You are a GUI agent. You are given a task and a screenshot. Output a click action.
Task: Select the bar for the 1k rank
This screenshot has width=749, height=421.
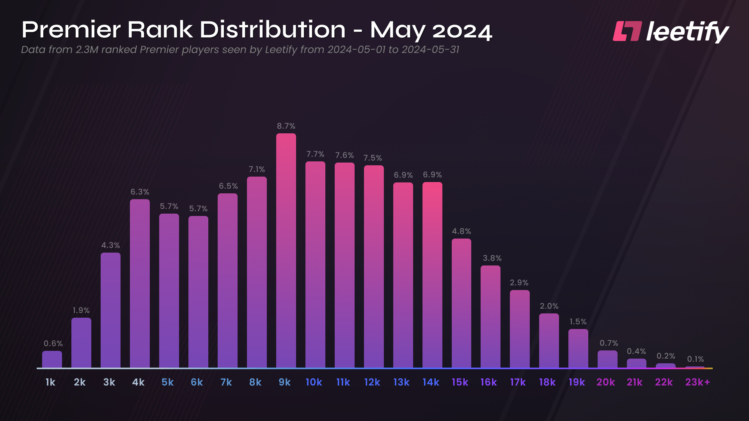pos(52,359)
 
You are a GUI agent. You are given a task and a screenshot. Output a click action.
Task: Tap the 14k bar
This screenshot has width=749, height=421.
pos(432,275)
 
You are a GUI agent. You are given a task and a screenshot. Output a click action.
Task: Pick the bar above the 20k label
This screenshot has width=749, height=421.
pos(607,359)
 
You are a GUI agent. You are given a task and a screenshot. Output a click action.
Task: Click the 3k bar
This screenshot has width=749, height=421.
pos(110,310)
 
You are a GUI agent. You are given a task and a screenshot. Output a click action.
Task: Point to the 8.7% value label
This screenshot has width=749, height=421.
pos(286,126)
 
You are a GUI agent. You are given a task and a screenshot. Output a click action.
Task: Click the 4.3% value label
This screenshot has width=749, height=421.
pos(110,245)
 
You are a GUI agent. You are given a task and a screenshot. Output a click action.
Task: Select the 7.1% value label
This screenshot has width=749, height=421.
pos(257,169)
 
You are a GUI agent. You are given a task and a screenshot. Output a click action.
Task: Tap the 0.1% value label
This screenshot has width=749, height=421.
pos(695,359)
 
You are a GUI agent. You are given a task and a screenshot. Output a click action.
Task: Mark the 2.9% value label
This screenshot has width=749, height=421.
pos(519,283)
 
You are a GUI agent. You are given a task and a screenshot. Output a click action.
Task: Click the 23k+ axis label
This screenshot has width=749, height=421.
pos(698,382)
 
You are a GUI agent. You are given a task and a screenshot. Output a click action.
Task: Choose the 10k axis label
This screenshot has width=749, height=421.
pos(314,382)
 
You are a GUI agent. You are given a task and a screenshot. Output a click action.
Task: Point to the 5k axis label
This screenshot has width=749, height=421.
pos(167,382)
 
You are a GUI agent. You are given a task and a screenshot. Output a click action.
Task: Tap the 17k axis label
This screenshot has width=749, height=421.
pos(518,382)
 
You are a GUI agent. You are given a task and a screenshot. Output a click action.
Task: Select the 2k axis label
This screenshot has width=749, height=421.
pos(80,382)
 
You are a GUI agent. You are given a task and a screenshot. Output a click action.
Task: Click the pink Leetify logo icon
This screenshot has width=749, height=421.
pos(627,31)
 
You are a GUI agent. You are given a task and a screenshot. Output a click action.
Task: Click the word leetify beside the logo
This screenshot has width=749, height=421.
pos(687,32)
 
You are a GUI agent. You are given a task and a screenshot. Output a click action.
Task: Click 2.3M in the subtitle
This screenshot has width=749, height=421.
pos(87,50)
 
